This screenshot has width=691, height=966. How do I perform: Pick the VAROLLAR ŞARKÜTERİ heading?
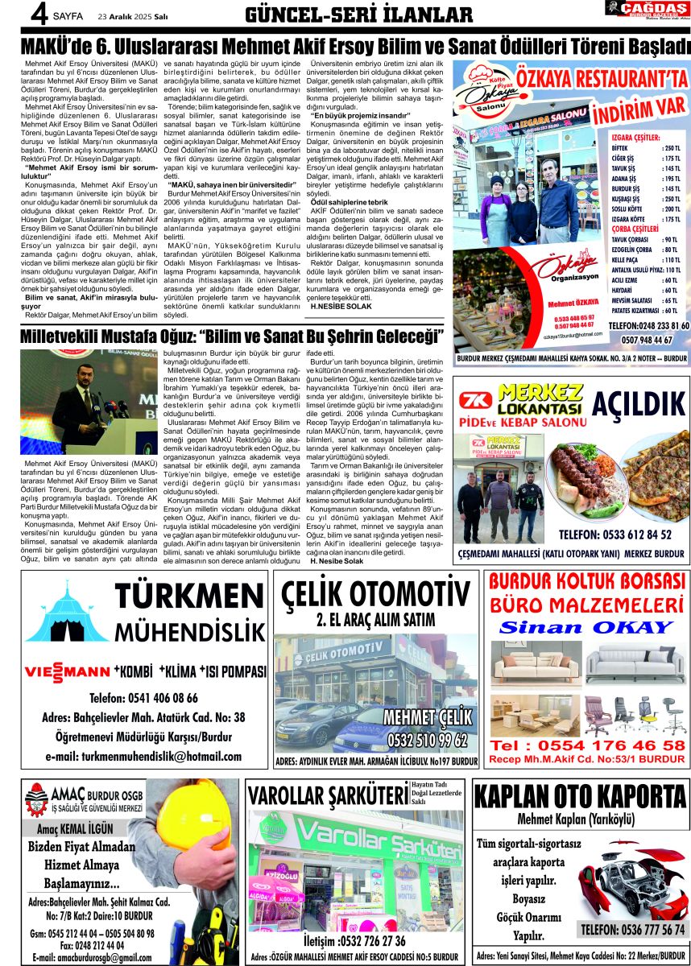coord(329,795)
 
